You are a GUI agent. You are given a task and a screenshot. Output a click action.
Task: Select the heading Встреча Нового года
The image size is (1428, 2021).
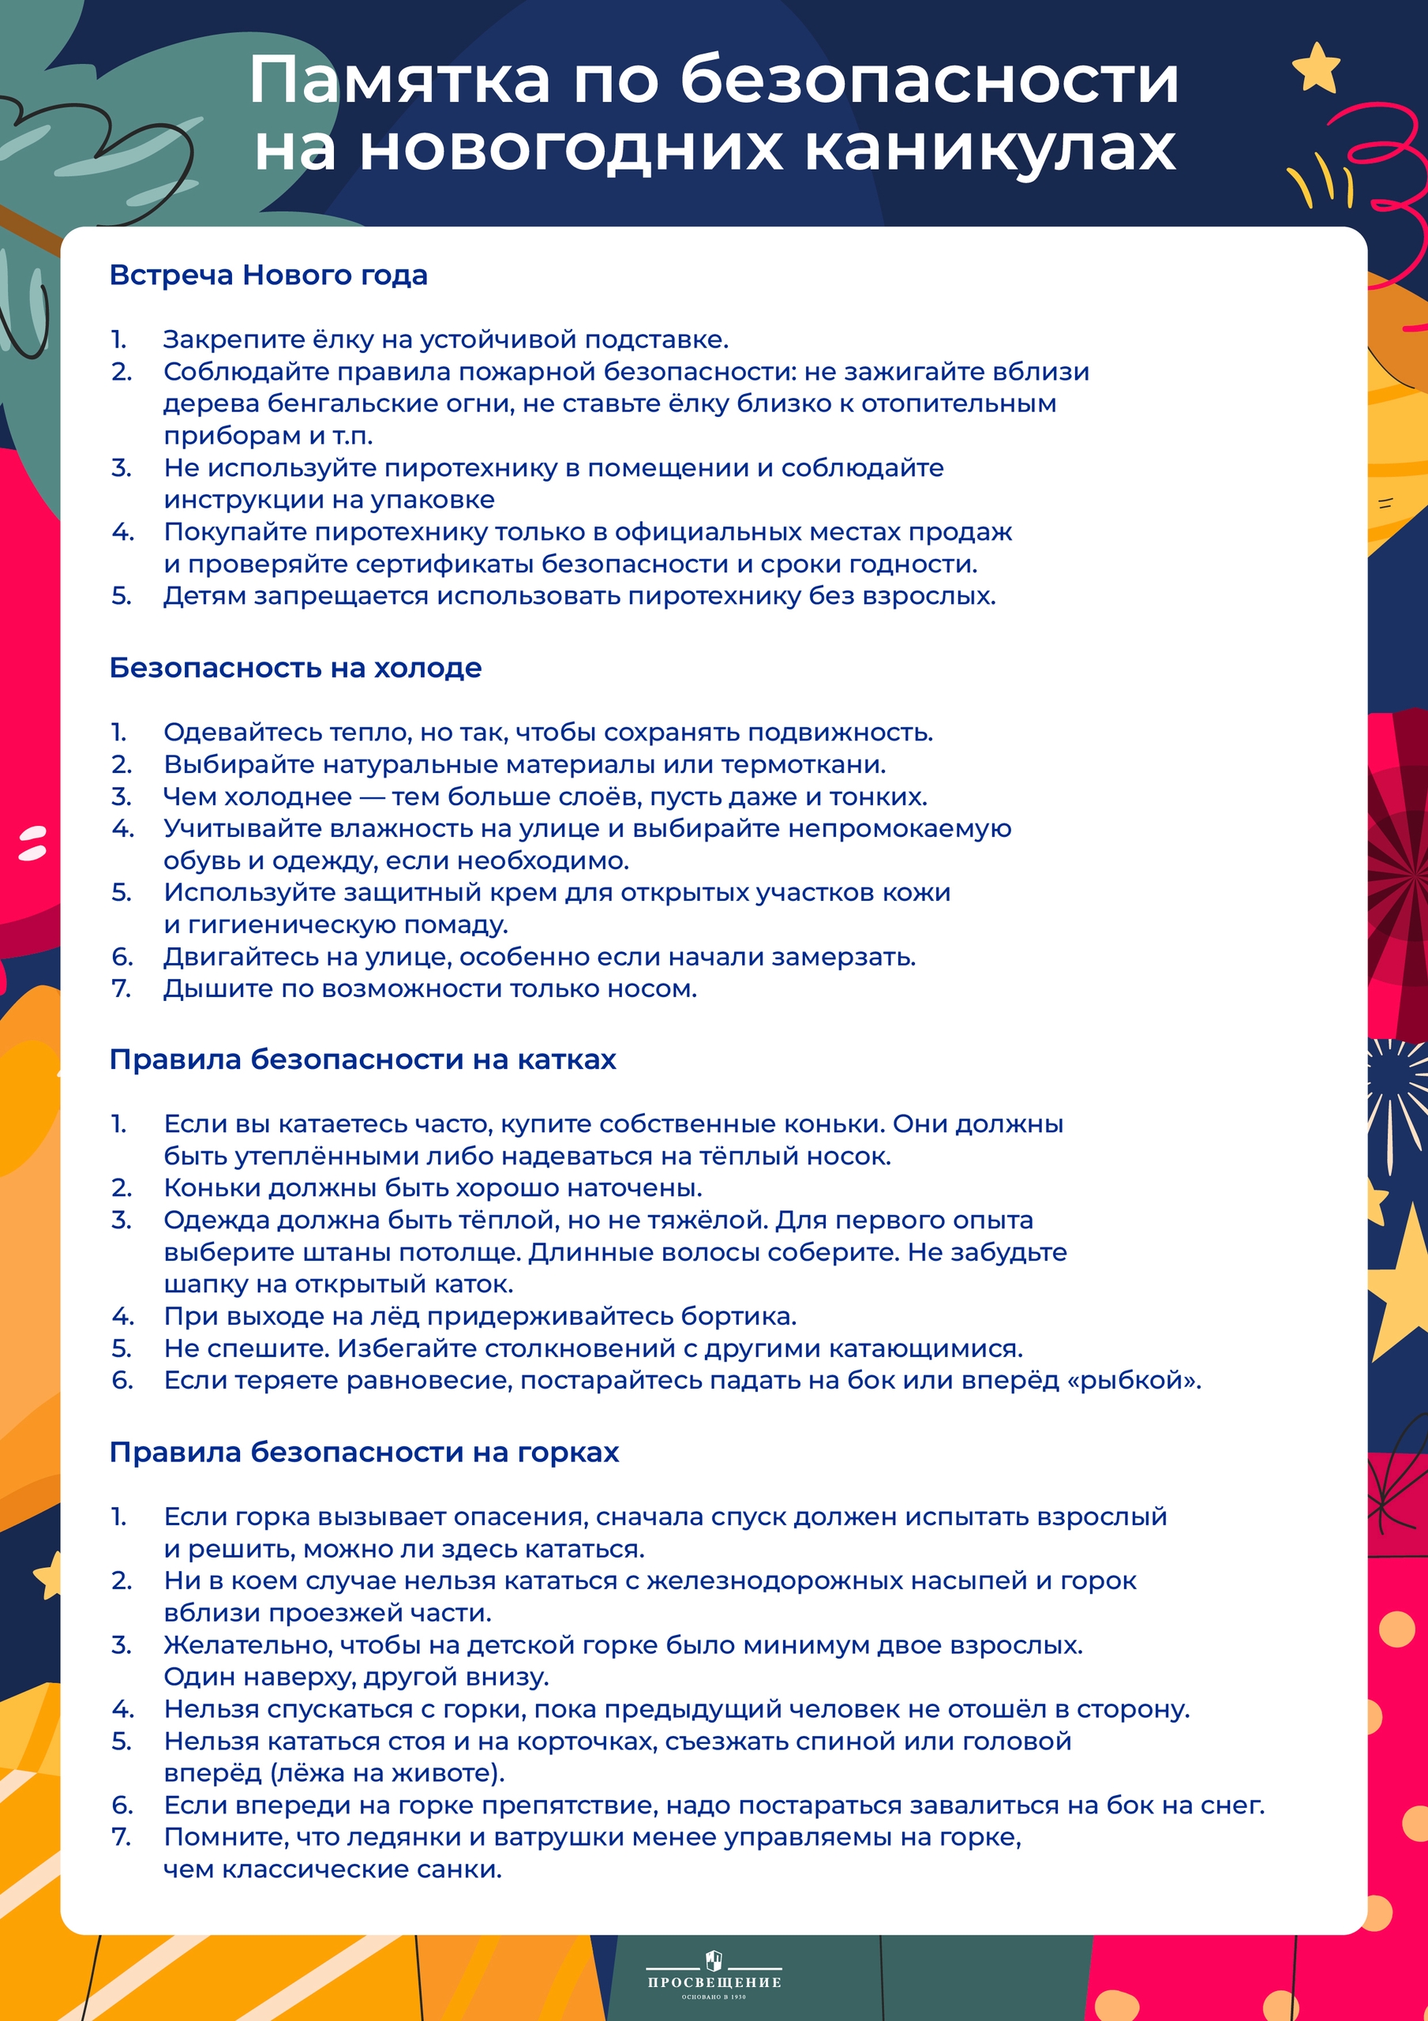(x=268, y=276)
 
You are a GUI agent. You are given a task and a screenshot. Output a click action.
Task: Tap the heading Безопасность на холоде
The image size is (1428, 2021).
(x=295, y=668)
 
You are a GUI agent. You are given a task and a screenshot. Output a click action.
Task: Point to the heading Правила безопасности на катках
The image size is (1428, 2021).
(x=362, y=1059)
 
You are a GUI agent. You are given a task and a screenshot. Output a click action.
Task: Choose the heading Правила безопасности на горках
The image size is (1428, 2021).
(x=364, y=1453)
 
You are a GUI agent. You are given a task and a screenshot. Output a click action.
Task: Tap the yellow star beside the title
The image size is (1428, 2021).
(x=1316, y=68)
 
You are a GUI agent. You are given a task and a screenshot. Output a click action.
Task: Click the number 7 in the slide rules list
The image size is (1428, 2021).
(x=121, y=1837)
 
